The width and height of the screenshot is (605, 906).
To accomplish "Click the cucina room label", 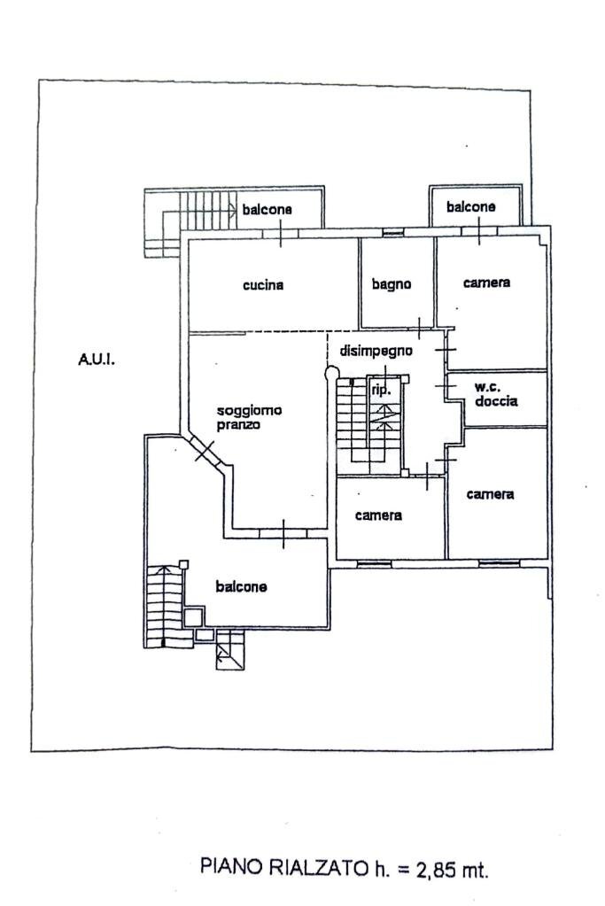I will coord(263,285).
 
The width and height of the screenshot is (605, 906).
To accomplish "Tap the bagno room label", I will coord(391,284).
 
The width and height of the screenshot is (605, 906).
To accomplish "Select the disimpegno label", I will coord(376,351).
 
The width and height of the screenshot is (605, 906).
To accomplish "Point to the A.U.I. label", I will coord(97,360).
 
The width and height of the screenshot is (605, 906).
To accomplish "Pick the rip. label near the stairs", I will coord(381,389).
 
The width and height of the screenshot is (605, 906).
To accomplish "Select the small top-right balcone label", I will coord(470,207).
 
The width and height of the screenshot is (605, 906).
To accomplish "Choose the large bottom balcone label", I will coord(242,586).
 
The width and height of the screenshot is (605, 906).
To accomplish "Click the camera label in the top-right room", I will coord(486,283).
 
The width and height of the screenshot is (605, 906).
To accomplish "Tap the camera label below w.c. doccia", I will coord(491,494).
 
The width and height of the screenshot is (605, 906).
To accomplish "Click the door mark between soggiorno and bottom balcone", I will coord(283,532).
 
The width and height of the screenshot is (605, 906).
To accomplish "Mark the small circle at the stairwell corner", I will coord(332,374).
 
